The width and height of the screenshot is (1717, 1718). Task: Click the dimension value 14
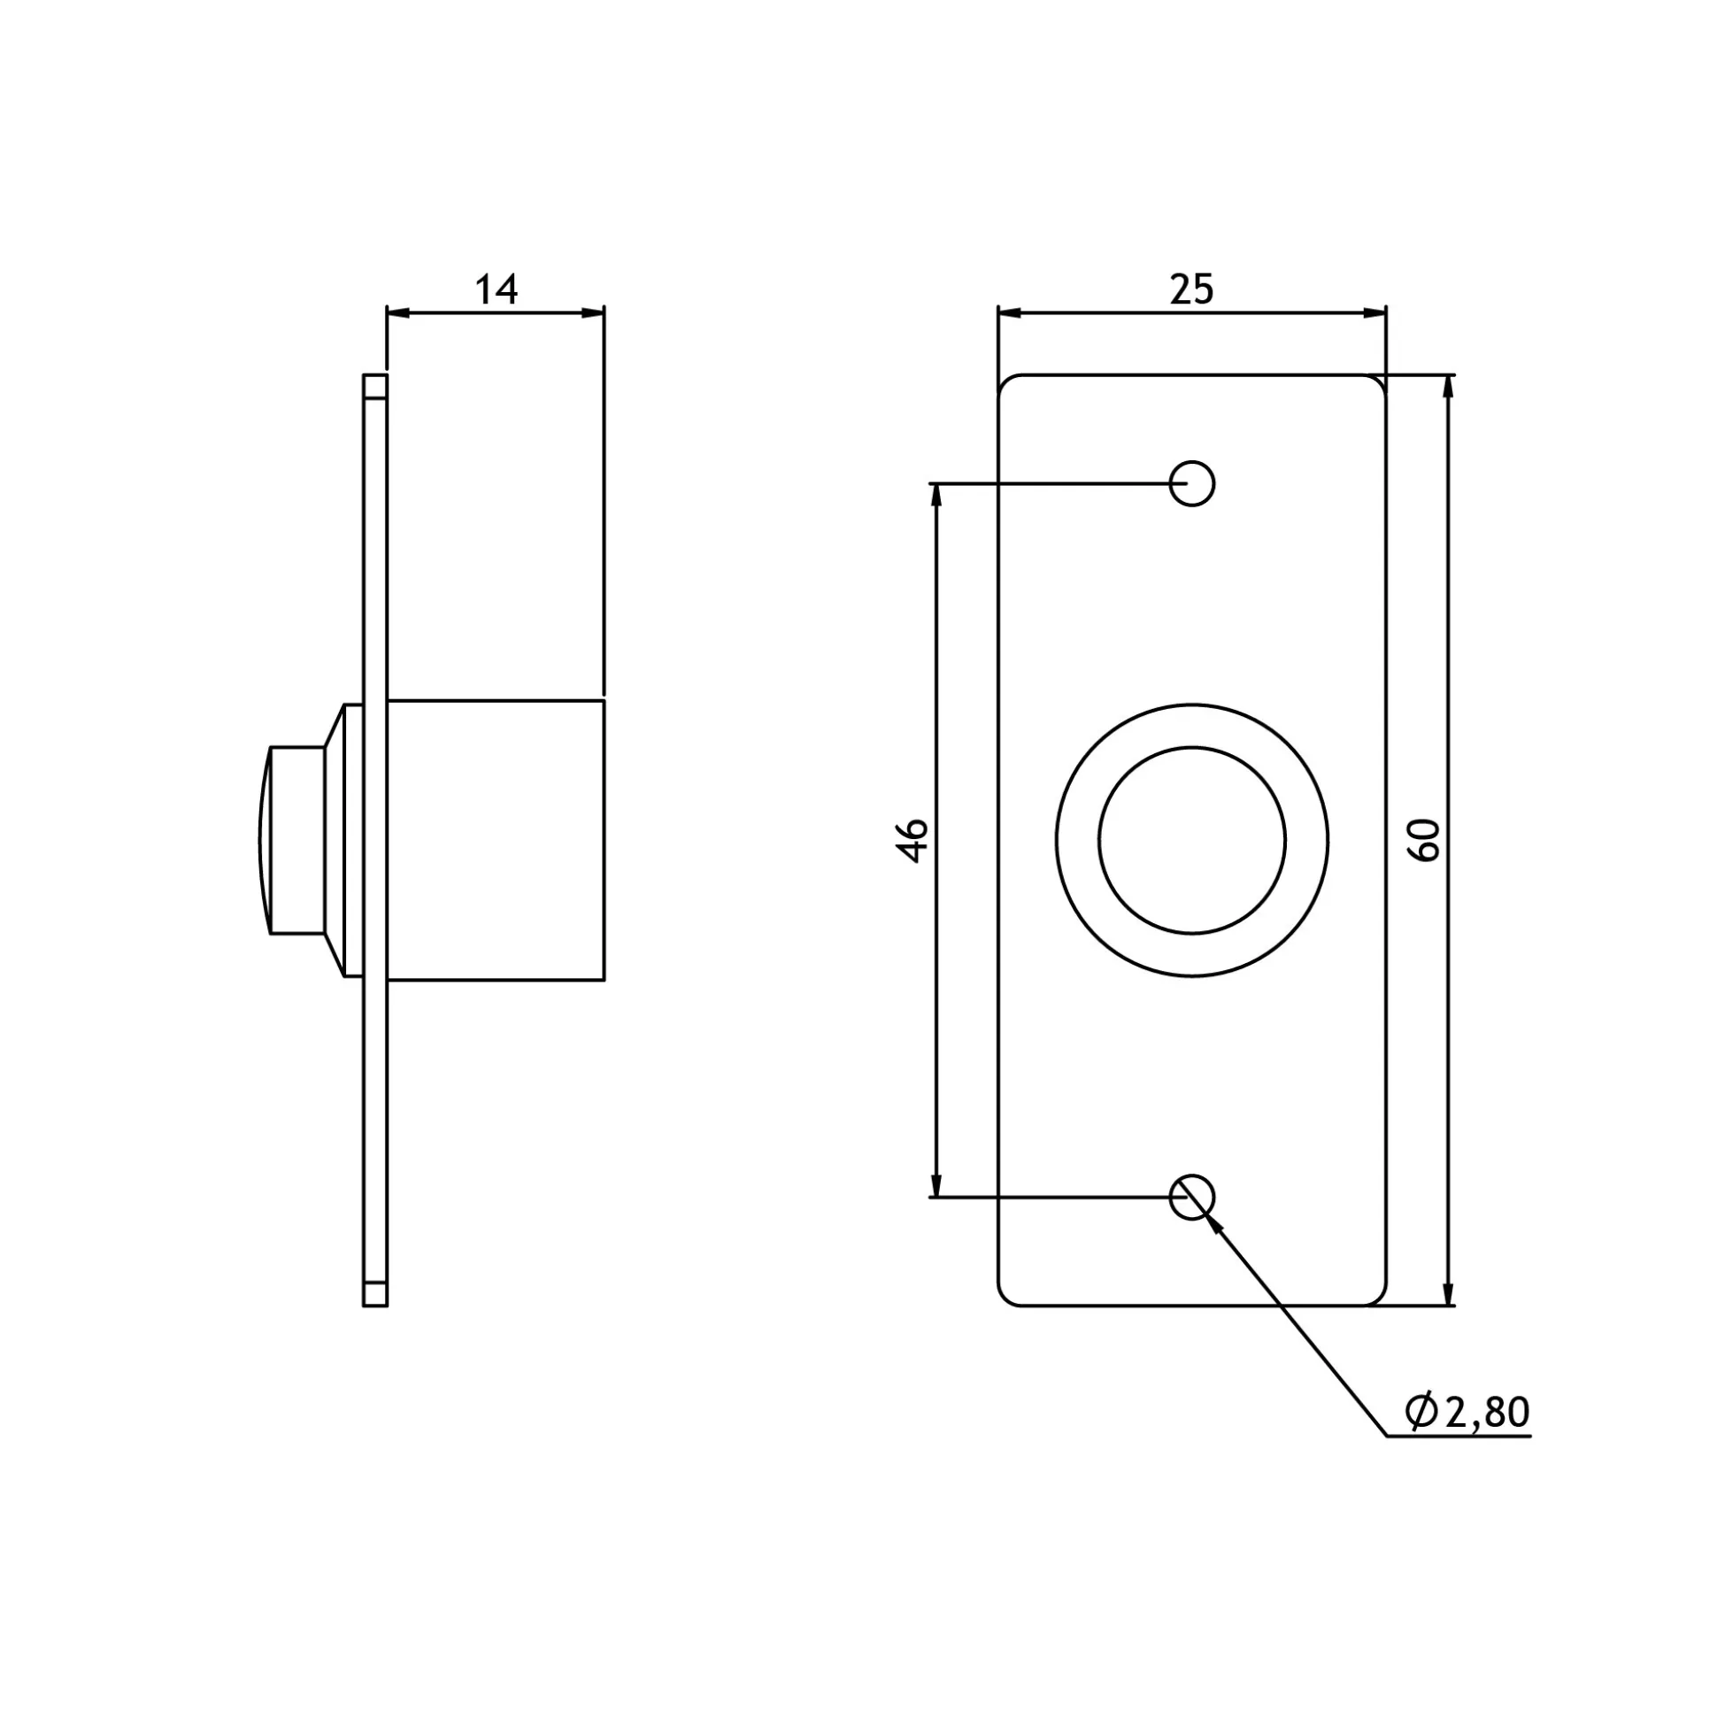point(497,290)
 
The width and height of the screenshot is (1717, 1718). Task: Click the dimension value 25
point(1191,290)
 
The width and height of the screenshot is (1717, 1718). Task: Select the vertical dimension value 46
point(912,840)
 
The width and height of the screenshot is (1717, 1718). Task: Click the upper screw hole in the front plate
point(1191,484)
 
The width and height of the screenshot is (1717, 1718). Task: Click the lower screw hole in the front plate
point(1191,1197)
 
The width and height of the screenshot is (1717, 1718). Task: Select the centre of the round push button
point(1191,840)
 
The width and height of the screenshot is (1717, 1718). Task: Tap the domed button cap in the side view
point(264,840)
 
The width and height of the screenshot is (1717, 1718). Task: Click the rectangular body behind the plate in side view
point(497,840)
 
